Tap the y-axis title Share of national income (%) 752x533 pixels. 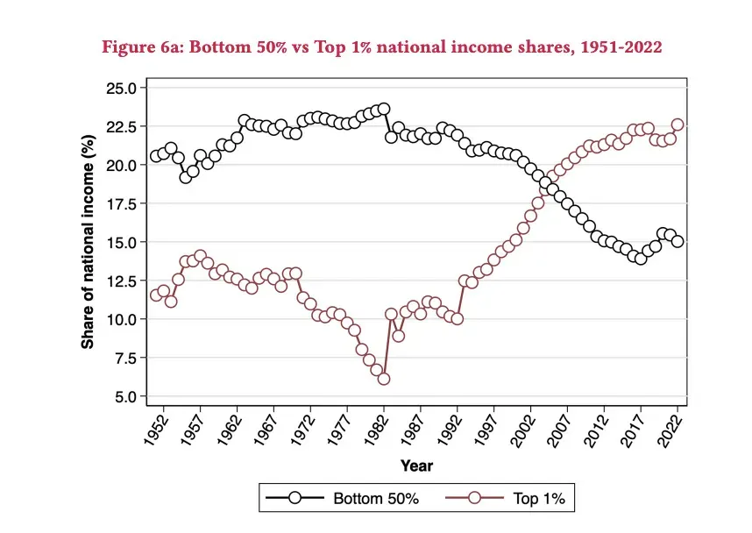tap(89, 242)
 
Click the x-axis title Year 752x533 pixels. tap(416, 465)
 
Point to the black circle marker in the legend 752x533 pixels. tap(294, 500)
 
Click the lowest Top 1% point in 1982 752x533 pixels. tap(383, 379)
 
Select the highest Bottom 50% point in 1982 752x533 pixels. tap(383, 110)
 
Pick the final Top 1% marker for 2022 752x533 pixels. tap(678, 124)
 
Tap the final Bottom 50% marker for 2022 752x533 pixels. tap(678, 241)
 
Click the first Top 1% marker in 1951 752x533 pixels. tap(156, 295)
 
